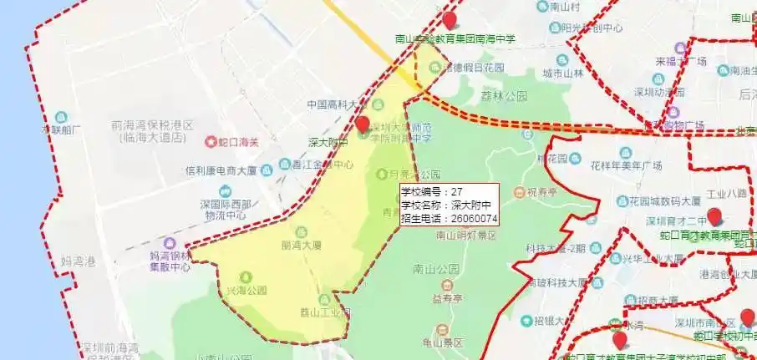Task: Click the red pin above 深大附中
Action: (362, 126)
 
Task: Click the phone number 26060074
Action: (474, 219)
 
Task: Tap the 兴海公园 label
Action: (246, 290)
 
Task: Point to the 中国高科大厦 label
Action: (337, 105)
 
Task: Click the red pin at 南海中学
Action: (450, 21)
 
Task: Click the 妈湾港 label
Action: (78, 261)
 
